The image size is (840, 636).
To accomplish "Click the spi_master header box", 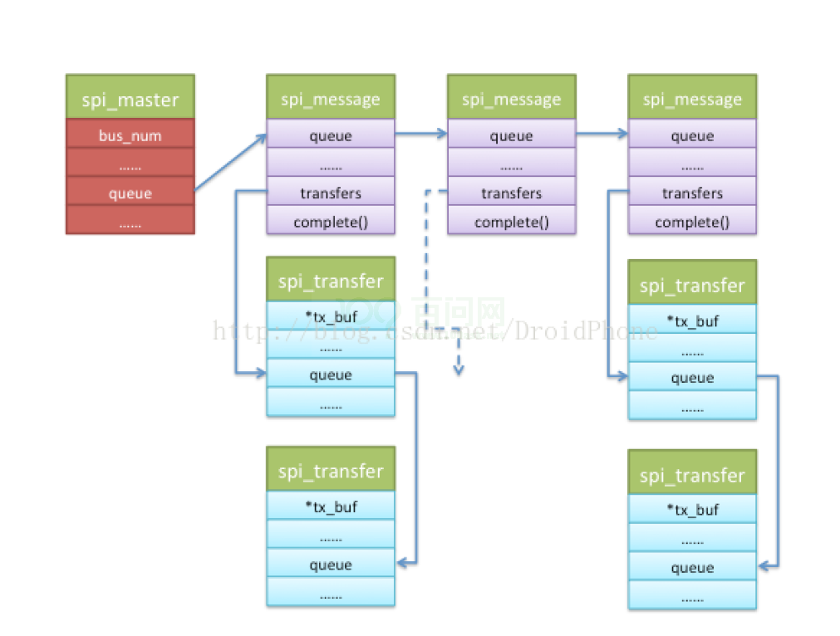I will (130, 100).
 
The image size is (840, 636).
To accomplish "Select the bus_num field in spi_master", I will (130, 135).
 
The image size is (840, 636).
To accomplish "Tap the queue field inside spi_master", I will (130, 193).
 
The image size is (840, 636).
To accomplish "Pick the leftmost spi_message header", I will (330, 100).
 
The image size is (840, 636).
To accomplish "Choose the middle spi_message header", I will (511, 100).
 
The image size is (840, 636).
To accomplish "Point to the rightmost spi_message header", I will (692, 100).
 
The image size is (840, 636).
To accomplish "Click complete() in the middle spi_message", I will (511, 222).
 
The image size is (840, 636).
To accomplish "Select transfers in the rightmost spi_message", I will (692, 193).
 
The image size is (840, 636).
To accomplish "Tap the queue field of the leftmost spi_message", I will (330, 135).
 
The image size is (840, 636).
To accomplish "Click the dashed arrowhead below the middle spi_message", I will (457, 369).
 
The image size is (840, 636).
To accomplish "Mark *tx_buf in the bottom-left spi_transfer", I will (330, 506).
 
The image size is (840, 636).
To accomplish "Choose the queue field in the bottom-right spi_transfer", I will (692, 568).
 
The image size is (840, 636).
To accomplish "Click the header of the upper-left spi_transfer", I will (330, 281).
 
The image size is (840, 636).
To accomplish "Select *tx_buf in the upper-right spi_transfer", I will (692, 320).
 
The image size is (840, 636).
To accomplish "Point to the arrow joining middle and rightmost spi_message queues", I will (602, 134).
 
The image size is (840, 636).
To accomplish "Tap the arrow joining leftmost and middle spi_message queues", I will (420, 134).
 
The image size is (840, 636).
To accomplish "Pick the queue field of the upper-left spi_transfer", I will (330, 374).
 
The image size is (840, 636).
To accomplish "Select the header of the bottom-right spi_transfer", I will (692, 475).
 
